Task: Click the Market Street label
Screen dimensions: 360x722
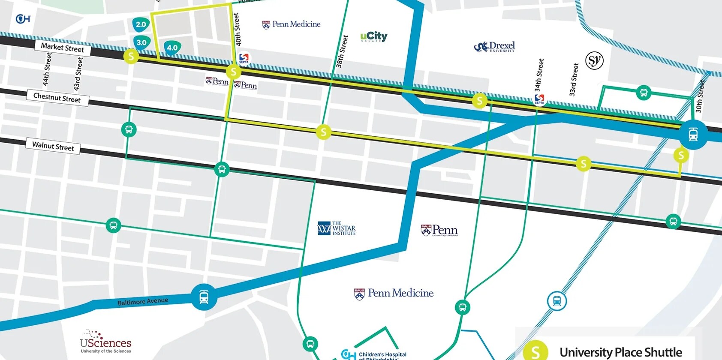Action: (62, 48)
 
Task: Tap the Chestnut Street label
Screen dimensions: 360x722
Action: (57, 98)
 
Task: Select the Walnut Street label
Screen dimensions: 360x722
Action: (53, 146)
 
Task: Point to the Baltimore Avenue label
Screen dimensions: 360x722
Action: (143, 301)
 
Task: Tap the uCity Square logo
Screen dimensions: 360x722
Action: (373, 36)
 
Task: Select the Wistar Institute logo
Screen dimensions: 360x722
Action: (337, 228)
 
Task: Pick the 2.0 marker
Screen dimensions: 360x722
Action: (141, 24)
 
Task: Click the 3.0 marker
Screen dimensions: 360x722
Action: (141, 42)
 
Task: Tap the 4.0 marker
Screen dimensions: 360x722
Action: (172, 48)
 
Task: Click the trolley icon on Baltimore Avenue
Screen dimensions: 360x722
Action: (204, 297)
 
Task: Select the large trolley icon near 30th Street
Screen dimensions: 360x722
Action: (693, 135)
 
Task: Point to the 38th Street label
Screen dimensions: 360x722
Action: (342, 52)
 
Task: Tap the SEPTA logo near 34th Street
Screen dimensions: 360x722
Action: (539, 99)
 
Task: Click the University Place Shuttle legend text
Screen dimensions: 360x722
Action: (620, 352)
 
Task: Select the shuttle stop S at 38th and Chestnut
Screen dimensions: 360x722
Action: (324, 132)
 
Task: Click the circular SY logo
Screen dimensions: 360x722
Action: (594, 60)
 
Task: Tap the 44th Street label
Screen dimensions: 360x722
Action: (47, 69)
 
